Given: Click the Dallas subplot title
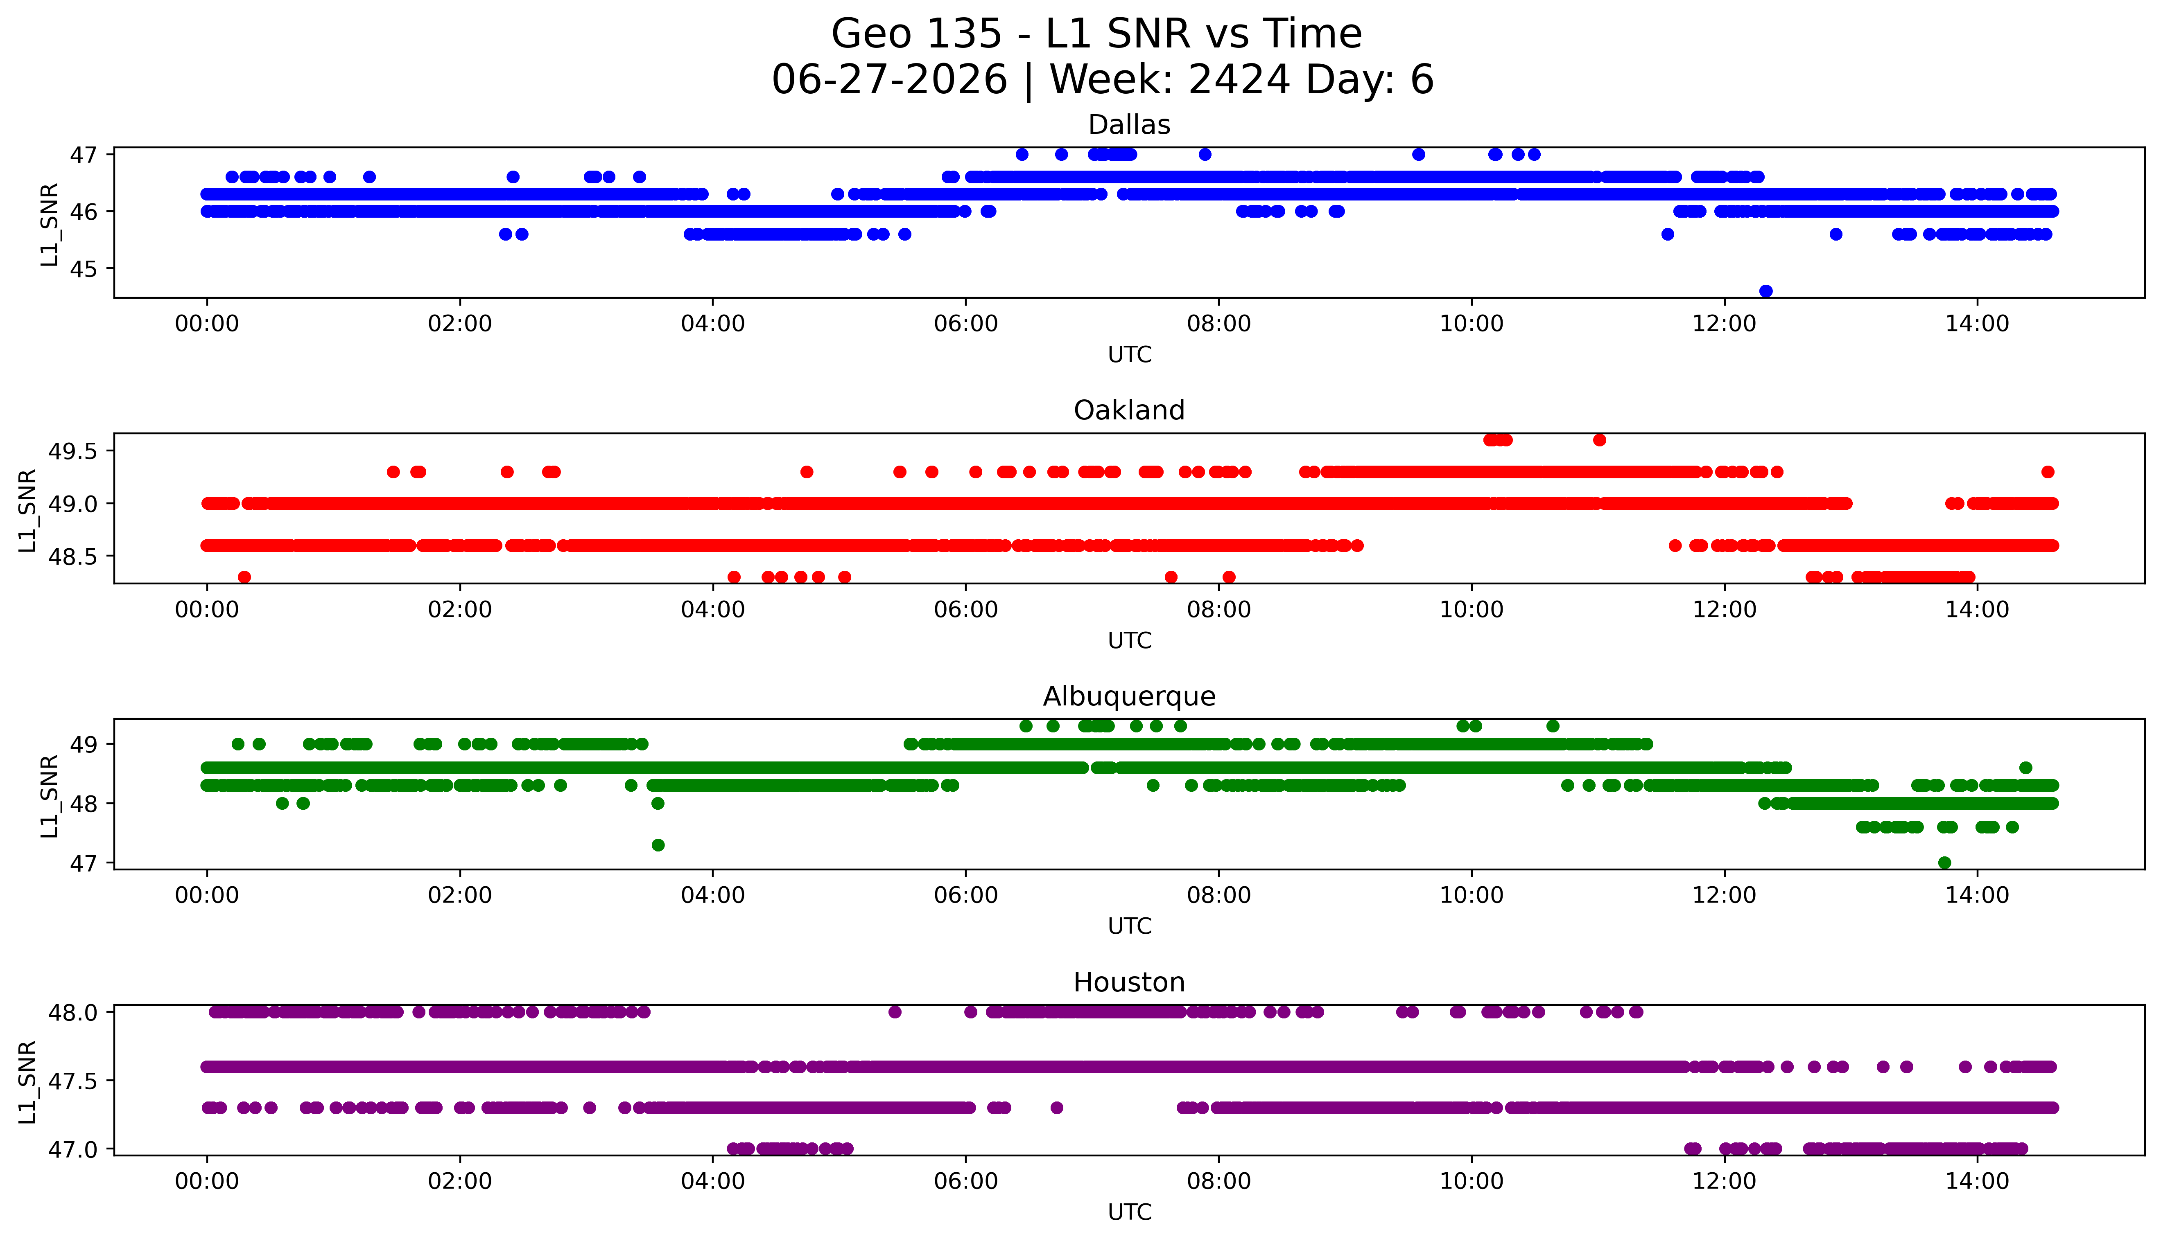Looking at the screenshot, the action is (1129, 125).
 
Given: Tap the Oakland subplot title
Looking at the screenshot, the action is (1129, 411).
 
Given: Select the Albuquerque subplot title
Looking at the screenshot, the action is (1129, 696).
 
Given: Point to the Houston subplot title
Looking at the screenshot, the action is (1129, 983).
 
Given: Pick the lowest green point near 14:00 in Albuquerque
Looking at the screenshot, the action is (1944, 863).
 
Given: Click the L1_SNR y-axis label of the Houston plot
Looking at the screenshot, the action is (27, 1081).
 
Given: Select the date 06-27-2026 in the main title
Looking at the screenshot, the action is (889, 80).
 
